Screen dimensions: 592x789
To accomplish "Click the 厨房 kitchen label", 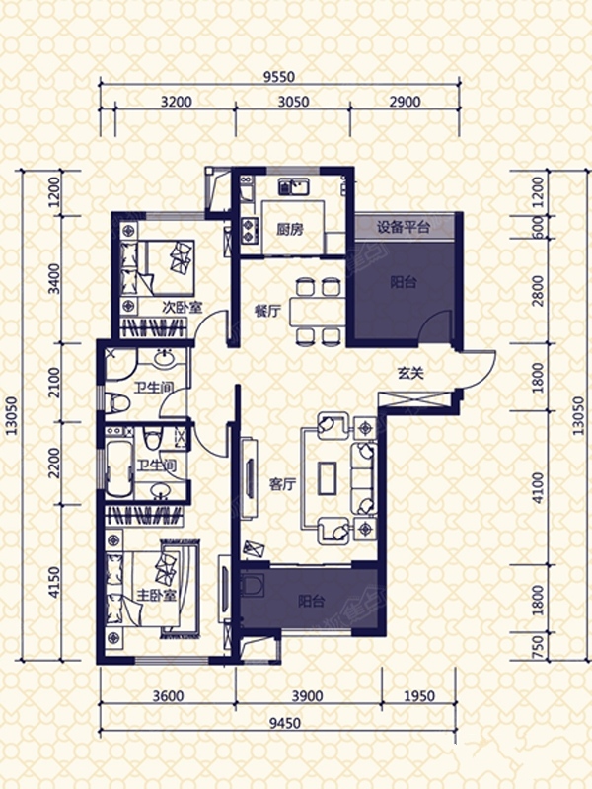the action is pyautogui.click(x=290, y=230).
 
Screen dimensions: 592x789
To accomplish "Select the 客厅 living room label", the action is pyautogui.click(x=282, y=484).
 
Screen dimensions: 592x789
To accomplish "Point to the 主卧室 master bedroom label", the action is pyautogui.click(x=157, y=596).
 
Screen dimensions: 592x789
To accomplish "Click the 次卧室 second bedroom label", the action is pyautogui.click(x=182, y=307).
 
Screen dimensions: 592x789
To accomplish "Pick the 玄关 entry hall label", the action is pyautogui.click(x=410, y=373).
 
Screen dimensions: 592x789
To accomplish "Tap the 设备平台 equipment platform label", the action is pyautogui.click(x=404, y=227).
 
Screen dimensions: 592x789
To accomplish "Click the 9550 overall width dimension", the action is pyautogui.click(x=279, y=77).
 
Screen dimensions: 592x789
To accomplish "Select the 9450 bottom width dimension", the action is pyautogui.click(x=285, y=723).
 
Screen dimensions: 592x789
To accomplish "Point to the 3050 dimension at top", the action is pyautogui.click(x=293, y=102).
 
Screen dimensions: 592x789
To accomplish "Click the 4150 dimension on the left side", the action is pyautogui.click(x=54, y=582).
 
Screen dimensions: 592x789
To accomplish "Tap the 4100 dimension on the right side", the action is pyautogui.click(x=538, y=487).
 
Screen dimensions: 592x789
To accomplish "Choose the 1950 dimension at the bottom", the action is pyautogui.click(x=418, y=696).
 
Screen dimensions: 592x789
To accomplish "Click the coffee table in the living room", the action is pyautogui.click(x=328, y=477).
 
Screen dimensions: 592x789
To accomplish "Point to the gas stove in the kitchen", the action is pyautogui.click(x=249, y=230).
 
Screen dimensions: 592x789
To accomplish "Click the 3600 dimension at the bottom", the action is pyautogui.click(x=168, y=696).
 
